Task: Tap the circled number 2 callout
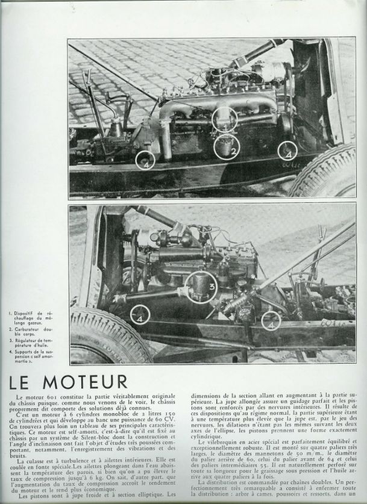point(227,148)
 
